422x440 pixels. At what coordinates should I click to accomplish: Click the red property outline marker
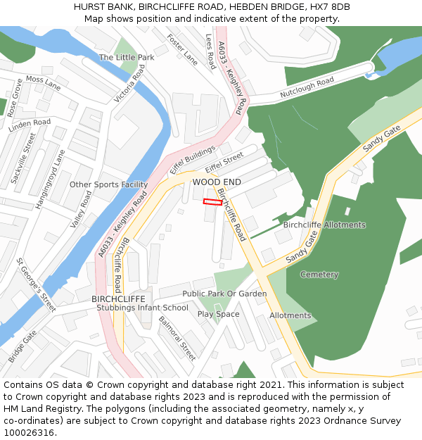click(212, 202)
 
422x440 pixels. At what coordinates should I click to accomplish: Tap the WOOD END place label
click(217, 182)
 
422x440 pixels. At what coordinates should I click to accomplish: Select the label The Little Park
click(127, 57)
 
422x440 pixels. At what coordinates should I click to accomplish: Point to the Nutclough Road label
click(307, 87)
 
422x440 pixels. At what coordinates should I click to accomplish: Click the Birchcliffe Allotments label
click(324, 225)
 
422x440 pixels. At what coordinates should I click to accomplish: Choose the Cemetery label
click(319, 275)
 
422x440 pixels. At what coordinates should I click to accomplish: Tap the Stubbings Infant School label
click(142, 308)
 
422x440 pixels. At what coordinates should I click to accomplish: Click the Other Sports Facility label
click(108, 184)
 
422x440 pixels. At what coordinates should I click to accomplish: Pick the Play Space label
click(218, 314)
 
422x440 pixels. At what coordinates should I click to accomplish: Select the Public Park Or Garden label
click(224, 294)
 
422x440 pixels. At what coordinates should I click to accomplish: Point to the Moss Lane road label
click(44, 83)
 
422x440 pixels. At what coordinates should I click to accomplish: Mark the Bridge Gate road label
click(23, 347)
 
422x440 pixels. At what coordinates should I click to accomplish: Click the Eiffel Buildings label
click(192, 161)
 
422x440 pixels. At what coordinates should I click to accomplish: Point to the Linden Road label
click(30, 126)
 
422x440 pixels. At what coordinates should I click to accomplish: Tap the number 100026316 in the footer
click(28, 432)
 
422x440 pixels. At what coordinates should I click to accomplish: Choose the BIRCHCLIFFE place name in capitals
click(118, 298)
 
